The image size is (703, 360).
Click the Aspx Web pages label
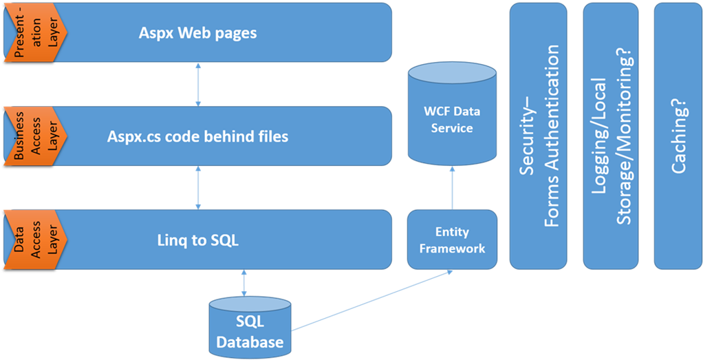click(198, 33)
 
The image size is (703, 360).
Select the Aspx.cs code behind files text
click(198, 136)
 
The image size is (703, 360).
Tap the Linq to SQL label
click(198, 240)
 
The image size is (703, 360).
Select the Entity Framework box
click(452, 240)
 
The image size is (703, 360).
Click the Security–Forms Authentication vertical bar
click(538, 136)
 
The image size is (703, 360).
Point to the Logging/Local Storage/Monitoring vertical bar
click(611, 136)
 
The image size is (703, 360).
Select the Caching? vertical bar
click(678, 136)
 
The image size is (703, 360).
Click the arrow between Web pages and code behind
click(198, 84)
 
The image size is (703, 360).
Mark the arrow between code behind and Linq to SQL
click(198, 187)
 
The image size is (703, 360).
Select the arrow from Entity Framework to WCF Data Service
click(452, 187)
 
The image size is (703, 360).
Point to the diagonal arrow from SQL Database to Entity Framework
click(371, 299)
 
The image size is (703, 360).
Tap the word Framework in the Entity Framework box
click(452, 248)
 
